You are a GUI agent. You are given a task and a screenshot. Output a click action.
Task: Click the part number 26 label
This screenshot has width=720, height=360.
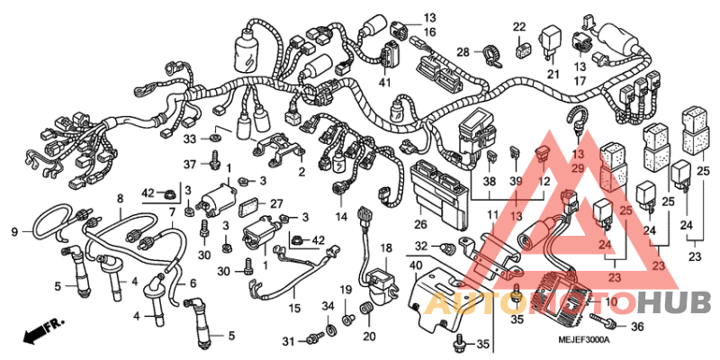click(x=420, y=224)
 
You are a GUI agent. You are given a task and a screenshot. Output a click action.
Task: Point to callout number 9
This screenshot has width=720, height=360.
click(x=14, y=232)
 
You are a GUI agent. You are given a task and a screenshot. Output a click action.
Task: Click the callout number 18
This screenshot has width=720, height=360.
click(x=384, y=247)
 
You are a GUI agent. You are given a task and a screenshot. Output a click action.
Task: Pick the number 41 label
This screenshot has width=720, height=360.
click(x=385, y=83)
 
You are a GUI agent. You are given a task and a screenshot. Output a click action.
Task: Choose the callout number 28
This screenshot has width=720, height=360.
click(x=462, y=51)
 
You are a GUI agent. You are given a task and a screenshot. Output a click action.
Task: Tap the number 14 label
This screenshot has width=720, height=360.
click(x=342, y=217)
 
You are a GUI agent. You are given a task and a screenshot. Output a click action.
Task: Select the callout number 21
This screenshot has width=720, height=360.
click(x=553, y=74)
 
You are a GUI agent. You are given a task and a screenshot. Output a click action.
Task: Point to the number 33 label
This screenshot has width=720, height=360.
click(x=189, y=139)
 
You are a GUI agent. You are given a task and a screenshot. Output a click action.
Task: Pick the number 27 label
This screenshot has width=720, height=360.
click(x=277, y=202)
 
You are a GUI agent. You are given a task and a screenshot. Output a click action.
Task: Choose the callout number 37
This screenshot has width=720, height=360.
click(x=189, y=164)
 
